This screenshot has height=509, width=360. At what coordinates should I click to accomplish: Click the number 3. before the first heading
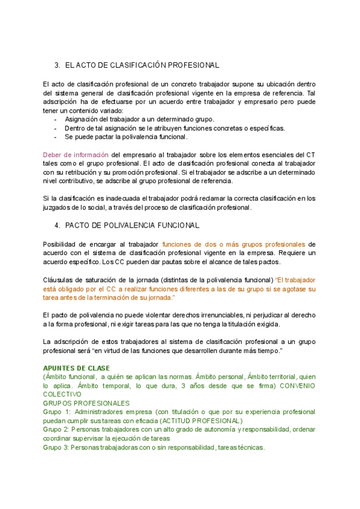[57, 65]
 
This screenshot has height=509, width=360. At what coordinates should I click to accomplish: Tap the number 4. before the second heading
[57, 225]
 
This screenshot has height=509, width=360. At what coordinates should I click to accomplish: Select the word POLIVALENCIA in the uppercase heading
[126, 225]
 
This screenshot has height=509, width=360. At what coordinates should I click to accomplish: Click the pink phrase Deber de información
[76, 154]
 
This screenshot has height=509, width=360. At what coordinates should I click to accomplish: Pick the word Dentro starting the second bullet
[77, 128]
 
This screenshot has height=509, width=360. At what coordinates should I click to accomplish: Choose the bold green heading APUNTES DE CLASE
[77, 368]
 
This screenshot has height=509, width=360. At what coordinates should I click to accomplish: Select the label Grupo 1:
[58, 412]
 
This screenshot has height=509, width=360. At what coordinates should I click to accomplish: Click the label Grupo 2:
[58, 430]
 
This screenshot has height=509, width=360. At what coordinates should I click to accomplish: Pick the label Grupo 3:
[58, 448]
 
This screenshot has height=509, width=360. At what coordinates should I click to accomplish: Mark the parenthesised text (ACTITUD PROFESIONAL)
[193, 421]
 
